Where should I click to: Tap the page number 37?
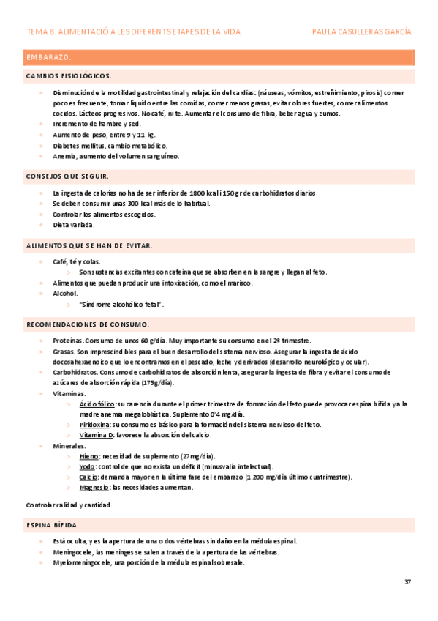pos(407,581)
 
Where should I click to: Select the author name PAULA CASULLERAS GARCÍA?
pos(361,32)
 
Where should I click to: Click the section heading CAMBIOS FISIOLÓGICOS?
pos(69,76)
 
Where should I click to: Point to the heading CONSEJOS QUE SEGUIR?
pos(67,176)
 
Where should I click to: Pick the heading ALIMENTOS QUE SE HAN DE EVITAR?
pos(89,245)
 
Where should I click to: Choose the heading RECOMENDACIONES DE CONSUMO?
pos(88,324)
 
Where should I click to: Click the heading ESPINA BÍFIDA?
pos(53,525)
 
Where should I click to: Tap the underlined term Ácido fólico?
pos(97,404)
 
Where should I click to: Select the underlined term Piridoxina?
pos(95,425)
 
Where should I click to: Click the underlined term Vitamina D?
pos(96,435)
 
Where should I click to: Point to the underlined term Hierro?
pos(89,456)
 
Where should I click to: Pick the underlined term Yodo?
pos(87,466)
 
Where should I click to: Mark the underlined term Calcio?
pos(88,477)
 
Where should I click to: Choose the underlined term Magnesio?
pos(94,488)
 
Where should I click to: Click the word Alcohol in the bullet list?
pos(65,293)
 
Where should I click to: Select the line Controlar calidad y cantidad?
pos(69,505)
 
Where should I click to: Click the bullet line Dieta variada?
pos(73,225)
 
